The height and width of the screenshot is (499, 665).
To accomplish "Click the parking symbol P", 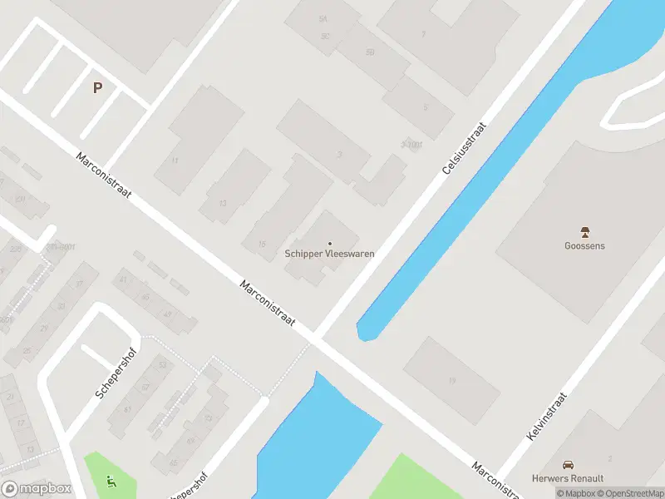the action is tap(97, 87).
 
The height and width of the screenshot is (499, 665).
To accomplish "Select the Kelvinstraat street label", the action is tap(546, 417).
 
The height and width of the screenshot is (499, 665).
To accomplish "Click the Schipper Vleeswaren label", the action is tap(329, 254).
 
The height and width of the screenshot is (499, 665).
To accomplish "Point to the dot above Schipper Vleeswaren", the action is tap(330, 243).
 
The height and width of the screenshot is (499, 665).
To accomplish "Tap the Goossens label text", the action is tap(584, 245).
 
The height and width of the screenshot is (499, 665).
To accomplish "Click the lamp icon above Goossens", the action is tap(584, 232).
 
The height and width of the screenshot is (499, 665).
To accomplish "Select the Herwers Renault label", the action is tap(568, 478).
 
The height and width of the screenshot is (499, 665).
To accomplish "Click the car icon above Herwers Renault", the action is tap(568, 465).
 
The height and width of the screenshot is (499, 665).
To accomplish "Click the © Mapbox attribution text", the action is tap(576, 493).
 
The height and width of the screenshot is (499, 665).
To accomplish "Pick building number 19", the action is tap(452, 381).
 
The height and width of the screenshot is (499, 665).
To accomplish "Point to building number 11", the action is tap(175, 160).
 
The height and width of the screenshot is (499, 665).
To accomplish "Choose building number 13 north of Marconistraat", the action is tap(223, 204).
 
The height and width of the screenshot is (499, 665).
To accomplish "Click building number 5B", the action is tap(370, 52).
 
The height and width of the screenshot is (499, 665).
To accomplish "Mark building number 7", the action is tap(423, 35).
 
